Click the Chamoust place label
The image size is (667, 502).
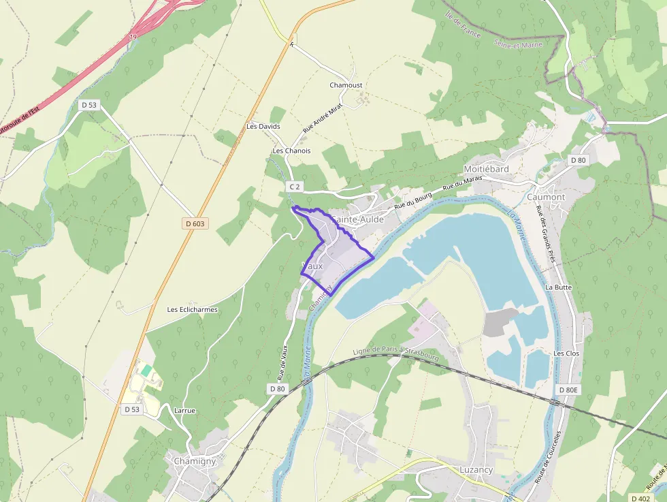[x=346, y=85]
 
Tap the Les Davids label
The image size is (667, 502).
[x=263, y=127]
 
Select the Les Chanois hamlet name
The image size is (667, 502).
[x=291, y=151]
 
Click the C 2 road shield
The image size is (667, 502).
[x=294, y=187]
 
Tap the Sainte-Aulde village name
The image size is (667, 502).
[x=357, y=220]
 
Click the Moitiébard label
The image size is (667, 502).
[x=486, y=169]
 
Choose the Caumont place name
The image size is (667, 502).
[x=546, y=197]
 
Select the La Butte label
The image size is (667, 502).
[x=558, y=287]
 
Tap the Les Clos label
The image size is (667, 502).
[x=566, y=354]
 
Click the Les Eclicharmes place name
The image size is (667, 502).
[x=193, y=309]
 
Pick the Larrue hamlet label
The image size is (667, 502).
[x=184, y=411]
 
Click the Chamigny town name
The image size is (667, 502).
[x=195, y=461]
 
